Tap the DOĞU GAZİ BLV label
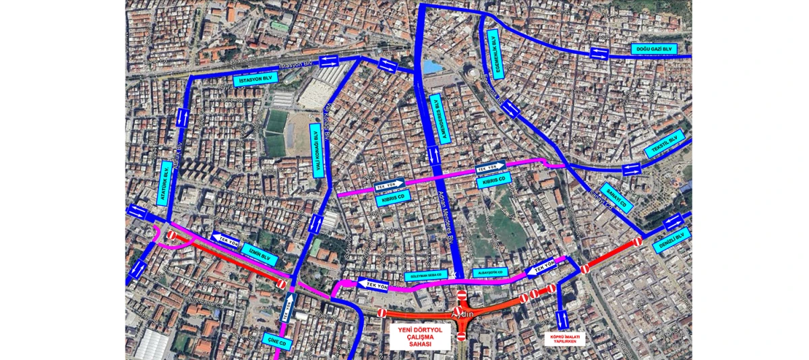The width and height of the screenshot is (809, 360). pos(654,49)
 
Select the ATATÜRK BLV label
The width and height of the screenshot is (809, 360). pos(166,183)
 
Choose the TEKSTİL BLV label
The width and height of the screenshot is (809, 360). pos(664,144)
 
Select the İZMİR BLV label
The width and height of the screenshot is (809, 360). pos(260,254)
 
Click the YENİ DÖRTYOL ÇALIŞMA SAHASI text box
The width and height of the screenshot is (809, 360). pos(420,335)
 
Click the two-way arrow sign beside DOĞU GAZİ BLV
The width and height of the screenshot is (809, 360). pos(599,53)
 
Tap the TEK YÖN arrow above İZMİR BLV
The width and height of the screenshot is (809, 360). pos(225,238)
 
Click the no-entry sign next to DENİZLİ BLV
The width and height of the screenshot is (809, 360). pos(637,241)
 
